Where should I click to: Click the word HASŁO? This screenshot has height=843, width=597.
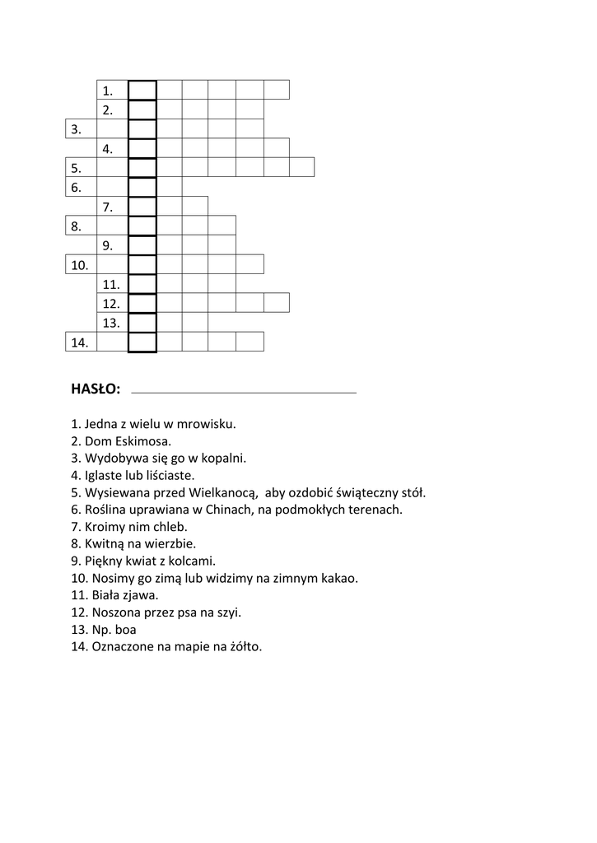pos(96,388)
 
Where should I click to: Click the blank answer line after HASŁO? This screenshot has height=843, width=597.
pos(244,391)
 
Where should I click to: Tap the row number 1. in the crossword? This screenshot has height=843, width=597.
pos(108,91)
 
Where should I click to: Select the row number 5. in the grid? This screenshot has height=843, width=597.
pos(76,168)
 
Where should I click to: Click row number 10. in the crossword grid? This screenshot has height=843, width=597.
pos(80,265)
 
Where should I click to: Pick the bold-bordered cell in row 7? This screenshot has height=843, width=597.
pos(142,206)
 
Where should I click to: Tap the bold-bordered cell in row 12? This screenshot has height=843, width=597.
pos(142,303)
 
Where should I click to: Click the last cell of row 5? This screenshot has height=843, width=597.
pos(302,167)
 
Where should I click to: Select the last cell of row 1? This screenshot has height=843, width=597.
pos(277,89)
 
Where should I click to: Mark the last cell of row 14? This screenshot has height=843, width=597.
pos(250,342)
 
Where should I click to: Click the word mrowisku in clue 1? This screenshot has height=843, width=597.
pos(207,425)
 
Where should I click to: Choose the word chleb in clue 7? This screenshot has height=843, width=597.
pos(169,527)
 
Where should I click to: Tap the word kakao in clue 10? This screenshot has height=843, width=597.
pos(342,579)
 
